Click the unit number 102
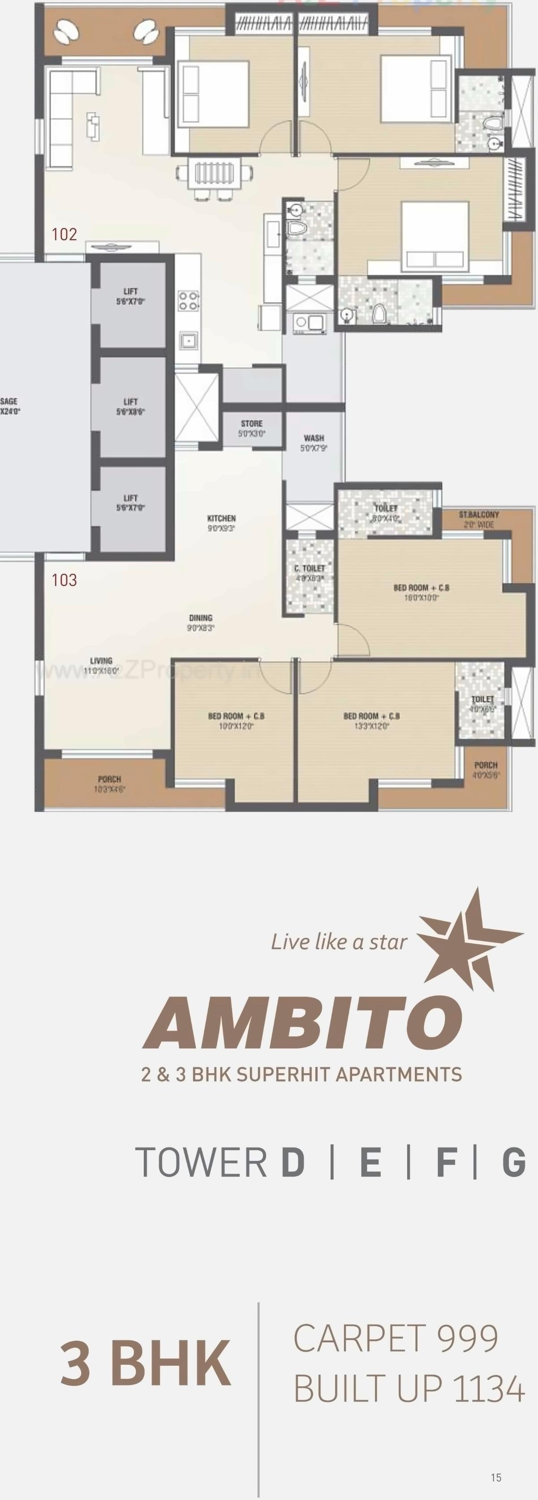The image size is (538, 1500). (x=64, y=234)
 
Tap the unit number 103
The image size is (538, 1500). (x=64, y=580)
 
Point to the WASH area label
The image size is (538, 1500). (x=314, y=443)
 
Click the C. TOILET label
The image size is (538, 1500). (x=310, y=572)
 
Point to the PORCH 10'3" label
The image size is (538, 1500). (x=109, y=784)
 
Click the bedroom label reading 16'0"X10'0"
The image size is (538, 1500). (x=421, y=592)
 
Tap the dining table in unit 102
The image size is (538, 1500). (x=215, y=173)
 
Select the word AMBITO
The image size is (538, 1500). (x=303, y=1023)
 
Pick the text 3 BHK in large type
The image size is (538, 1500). (x=146, y=1364)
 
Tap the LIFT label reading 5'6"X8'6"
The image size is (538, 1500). (x=130, y=406)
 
